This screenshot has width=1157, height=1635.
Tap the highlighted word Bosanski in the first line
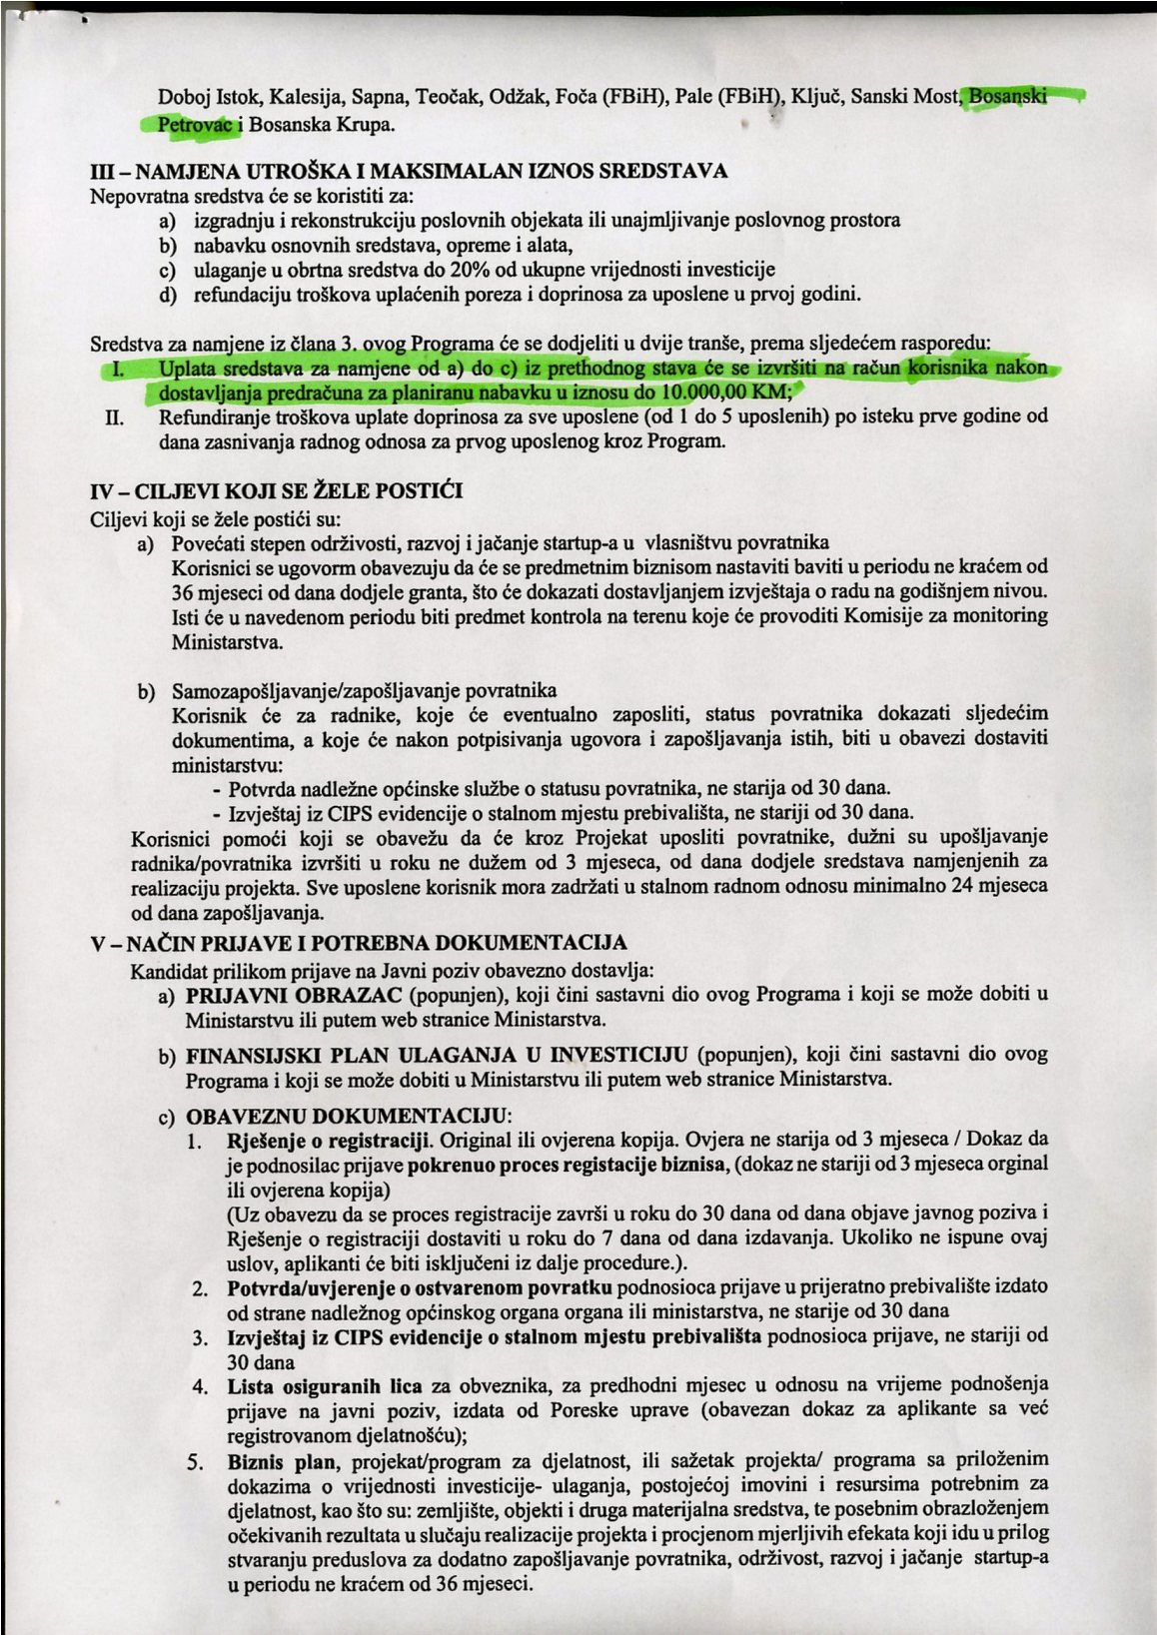1009,97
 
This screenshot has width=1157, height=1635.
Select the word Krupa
365,125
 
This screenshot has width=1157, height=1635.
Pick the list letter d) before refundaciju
168,295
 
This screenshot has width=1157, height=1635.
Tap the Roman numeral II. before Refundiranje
115,416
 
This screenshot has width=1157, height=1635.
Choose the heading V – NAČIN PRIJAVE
359,944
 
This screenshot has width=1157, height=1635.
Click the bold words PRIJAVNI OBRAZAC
294,995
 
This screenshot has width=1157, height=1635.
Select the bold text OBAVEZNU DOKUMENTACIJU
348,1116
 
